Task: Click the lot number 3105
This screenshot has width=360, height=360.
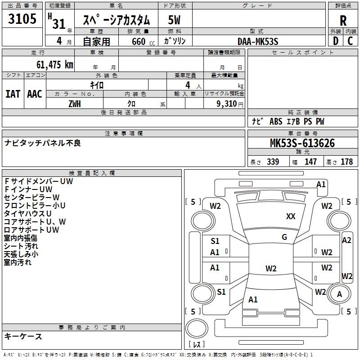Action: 22,19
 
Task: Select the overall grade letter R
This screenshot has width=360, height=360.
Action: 343,21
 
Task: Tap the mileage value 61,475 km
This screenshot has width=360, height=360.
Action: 55,65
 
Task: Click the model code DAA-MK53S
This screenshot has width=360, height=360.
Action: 258,41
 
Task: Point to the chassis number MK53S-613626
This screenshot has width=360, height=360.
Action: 302,143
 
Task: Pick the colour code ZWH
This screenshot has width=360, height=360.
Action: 75,104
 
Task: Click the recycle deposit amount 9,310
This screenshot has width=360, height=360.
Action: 227,104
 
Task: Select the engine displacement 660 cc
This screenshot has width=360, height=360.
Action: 143,41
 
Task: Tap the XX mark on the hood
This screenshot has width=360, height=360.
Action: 291,216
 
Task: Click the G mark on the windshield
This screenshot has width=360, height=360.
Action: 284,237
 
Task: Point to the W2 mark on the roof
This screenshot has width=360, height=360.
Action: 271,268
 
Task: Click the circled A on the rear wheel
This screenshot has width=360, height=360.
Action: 339,294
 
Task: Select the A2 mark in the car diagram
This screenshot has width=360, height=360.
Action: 346,240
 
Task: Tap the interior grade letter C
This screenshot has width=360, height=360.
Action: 350,41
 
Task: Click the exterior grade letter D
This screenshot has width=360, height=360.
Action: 336,41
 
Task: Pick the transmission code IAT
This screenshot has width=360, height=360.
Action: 13,94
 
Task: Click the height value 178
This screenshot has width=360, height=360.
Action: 346,162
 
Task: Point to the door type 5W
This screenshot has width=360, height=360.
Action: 174,20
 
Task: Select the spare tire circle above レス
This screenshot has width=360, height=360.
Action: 197,328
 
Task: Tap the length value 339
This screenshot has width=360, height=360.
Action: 273,162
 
